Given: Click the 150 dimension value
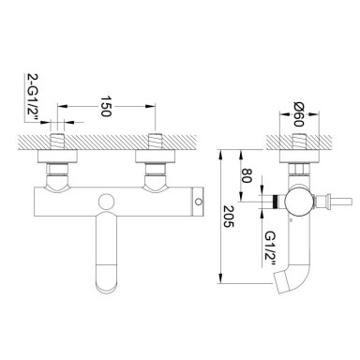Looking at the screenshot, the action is (106, 106).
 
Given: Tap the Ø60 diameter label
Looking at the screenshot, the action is (299, 114).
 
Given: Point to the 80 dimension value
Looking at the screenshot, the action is (247, 175).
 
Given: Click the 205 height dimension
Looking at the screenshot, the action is (229, 217).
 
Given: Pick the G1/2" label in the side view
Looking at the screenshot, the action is (270, 248).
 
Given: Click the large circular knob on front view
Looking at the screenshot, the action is (105, 202).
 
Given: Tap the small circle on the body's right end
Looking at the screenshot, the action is (198, 202).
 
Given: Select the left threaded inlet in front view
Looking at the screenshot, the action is (57, 142).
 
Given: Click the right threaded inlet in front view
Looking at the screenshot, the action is (156, 142).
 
